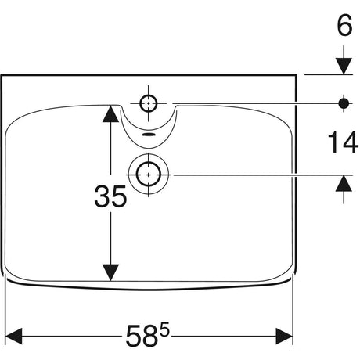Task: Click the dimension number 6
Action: (x=344, y=25)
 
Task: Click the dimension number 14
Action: (x=343, y=142)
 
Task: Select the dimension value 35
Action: (x=110, y=196)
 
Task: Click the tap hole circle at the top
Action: (x=149, y=103)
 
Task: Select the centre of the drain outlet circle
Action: (x=149, y=175)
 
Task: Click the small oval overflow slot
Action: (x=149, y=135)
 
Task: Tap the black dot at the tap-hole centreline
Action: (x=344, y=103)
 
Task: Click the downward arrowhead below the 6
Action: (x=344, y=67)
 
